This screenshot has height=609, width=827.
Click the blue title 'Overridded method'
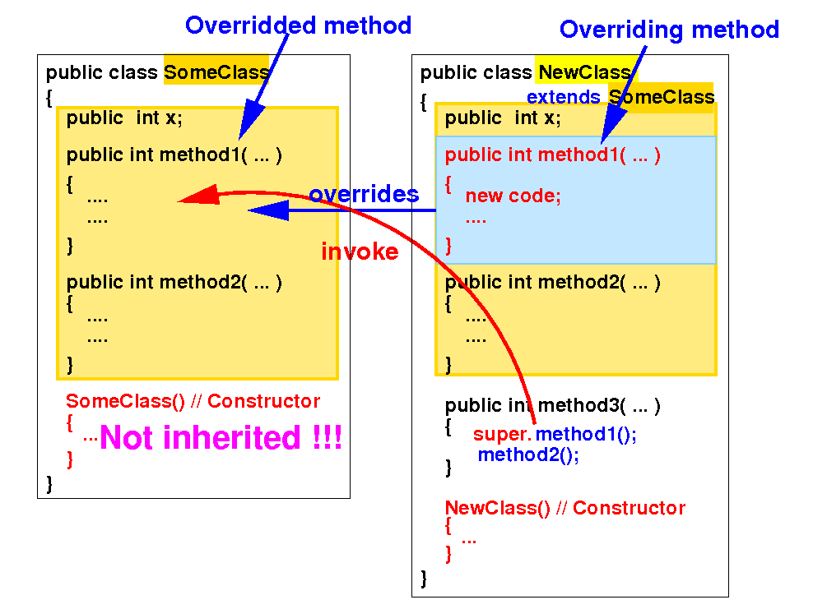(x=298, y=25)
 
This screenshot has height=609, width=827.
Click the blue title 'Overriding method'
(x=669, y=30)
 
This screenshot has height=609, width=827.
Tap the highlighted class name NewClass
(x=584, y=72)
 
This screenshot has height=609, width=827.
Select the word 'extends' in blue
(x=564, y=98)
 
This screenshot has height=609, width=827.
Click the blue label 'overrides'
(x=363, y=195)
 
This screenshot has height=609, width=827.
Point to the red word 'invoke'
(x=360, y=252)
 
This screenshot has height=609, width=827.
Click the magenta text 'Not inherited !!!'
(x=221, y=438)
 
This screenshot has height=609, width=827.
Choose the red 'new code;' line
(x=513, y=196)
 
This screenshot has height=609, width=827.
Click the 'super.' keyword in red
(x=502, y=435)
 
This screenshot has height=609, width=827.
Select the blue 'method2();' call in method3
(x=528, y=455)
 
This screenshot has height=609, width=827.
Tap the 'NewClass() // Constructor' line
(x=564, y=508)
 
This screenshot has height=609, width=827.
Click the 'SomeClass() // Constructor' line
(x=193, y=402)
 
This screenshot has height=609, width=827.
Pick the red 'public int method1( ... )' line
(x=552, y=155)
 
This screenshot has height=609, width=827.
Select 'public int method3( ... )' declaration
(x=552, y=406)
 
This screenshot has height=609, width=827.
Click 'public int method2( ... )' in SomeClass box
(x=174, y=283)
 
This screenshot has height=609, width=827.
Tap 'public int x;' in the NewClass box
(x=503, y=118)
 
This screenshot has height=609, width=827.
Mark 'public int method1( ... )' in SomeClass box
(x=174, y=155)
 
